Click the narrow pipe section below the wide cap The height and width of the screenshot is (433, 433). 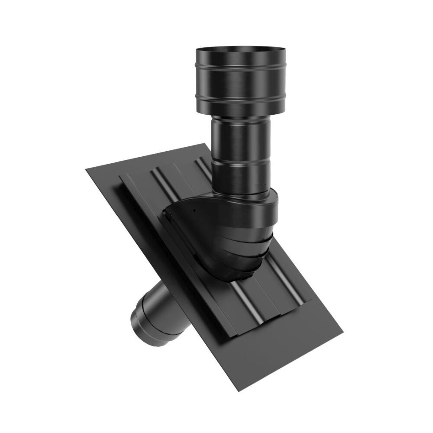[241, 139]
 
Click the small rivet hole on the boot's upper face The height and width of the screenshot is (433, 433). [195, 211]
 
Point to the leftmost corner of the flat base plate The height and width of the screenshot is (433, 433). [86, 168]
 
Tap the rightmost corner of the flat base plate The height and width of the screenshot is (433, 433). [343, 334]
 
